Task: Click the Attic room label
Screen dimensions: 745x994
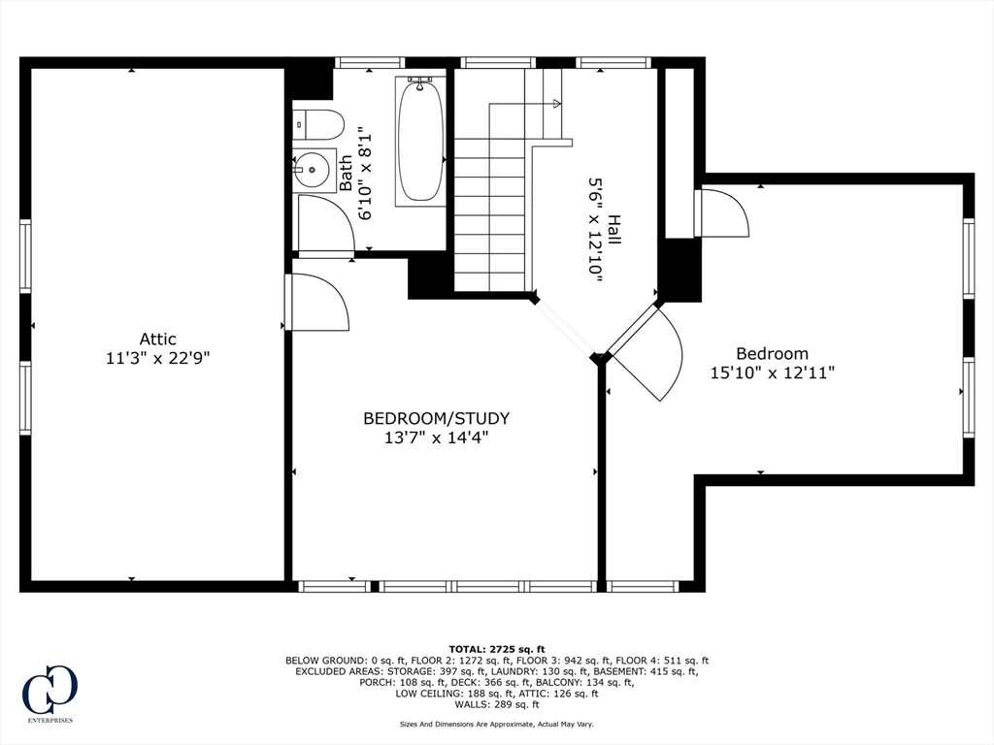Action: click(x=157, y=339)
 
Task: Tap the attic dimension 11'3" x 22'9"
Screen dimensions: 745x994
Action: click(x=157, y=358)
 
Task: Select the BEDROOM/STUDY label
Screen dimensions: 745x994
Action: click(x=436, y=418)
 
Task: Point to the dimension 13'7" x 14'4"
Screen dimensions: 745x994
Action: click(x=436, y=437)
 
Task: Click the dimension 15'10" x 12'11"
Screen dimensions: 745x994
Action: click(x=772, y=372)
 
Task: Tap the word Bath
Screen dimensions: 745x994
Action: click(x=346, y=173)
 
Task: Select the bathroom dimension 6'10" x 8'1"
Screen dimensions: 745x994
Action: click(x=366, y=173)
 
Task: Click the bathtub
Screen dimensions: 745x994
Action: click(x=420, y=142)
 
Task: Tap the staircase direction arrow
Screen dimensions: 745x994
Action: click(x=556, y=103)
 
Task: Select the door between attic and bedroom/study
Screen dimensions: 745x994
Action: click(x=317, y=303)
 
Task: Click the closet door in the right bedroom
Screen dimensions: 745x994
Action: click(x=723, y=213)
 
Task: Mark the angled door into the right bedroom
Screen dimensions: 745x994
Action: click(x=646, y=355)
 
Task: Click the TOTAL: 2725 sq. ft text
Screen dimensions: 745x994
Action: click(x=496, y=649)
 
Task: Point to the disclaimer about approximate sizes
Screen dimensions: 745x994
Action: click(x=496, y=724)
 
